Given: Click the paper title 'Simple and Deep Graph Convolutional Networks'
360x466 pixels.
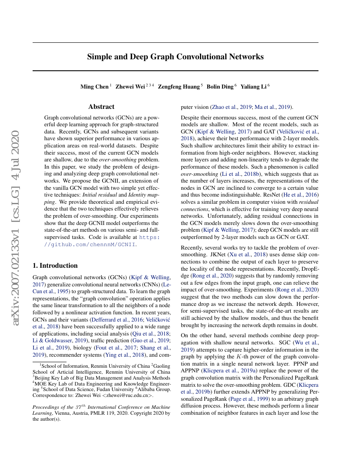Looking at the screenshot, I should [175, 57].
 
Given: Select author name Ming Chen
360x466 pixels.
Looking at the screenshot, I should [94, 87].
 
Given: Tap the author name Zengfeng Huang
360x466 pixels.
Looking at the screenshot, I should [178, 87].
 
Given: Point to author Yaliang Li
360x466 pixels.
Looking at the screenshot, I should [253, 87].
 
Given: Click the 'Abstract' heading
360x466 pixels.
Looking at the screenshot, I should [101, 107].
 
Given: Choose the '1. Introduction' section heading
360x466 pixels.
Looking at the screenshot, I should [55, 266].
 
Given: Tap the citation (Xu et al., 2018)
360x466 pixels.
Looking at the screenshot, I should [254, 255].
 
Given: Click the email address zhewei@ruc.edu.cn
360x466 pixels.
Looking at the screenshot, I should [131, 395].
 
